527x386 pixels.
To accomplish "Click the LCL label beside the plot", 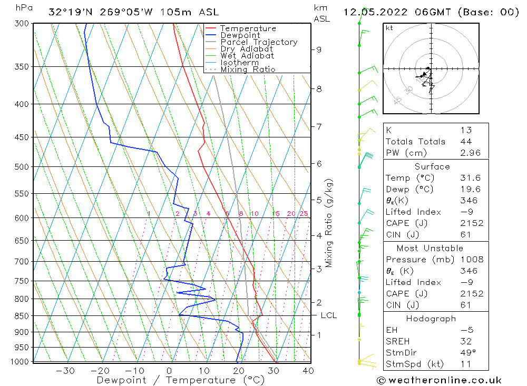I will click(328, 315).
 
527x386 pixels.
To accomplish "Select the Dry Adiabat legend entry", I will click(247, 49).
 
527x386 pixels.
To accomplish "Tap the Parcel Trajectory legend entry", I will click(259, 42).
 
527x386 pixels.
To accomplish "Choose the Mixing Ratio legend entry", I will click(248, 70).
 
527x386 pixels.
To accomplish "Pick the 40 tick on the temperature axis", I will click(308, 371).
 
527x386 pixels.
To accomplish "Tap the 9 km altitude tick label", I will click(319, 50).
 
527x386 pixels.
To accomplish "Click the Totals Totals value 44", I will click(466, 141).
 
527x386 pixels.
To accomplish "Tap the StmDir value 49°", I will click(467, 353).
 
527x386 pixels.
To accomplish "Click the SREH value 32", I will click(466, 341).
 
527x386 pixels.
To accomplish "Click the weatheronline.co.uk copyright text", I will click(439, 380).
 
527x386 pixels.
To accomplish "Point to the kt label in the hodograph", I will click(389, 28).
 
